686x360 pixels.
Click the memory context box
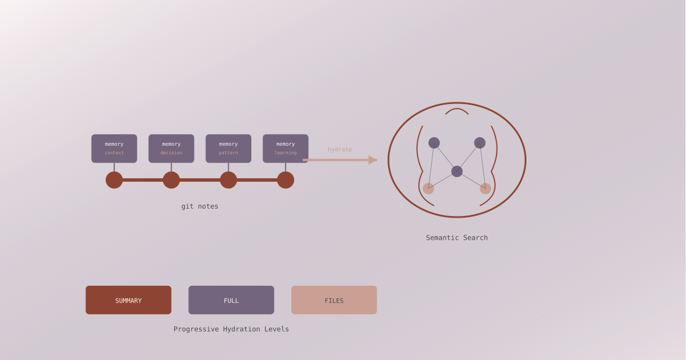coord(114,148)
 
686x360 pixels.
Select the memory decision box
coord(171,148)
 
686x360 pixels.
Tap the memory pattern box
coord(228,148)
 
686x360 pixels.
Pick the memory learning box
coord(286,148)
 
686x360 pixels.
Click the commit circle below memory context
coord(114,180)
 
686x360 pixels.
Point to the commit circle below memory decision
coord(171,180)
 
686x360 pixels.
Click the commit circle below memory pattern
coord(228,180)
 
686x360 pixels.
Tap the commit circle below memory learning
coord(286,180)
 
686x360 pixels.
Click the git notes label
coord(200,206)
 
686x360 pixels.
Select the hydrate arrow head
coord(373,160)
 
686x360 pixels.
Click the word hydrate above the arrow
coord(340,150)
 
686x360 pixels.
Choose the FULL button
coord(231,300)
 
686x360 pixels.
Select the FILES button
coord(334,300)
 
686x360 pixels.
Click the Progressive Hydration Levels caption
coord(231,329)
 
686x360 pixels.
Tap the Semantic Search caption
coord(457,238)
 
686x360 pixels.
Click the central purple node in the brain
coord(457,172)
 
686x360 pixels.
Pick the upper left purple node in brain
coord(434,143)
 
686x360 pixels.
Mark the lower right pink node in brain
coord(485,188)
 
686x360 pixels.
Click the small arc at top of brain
coord(457,110)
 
